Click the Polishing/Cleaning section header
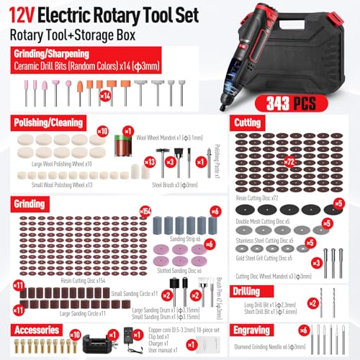pyautogui.click(x=48, y=123)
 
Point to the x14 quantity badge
pyautogui.click(x=105, y=94)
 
